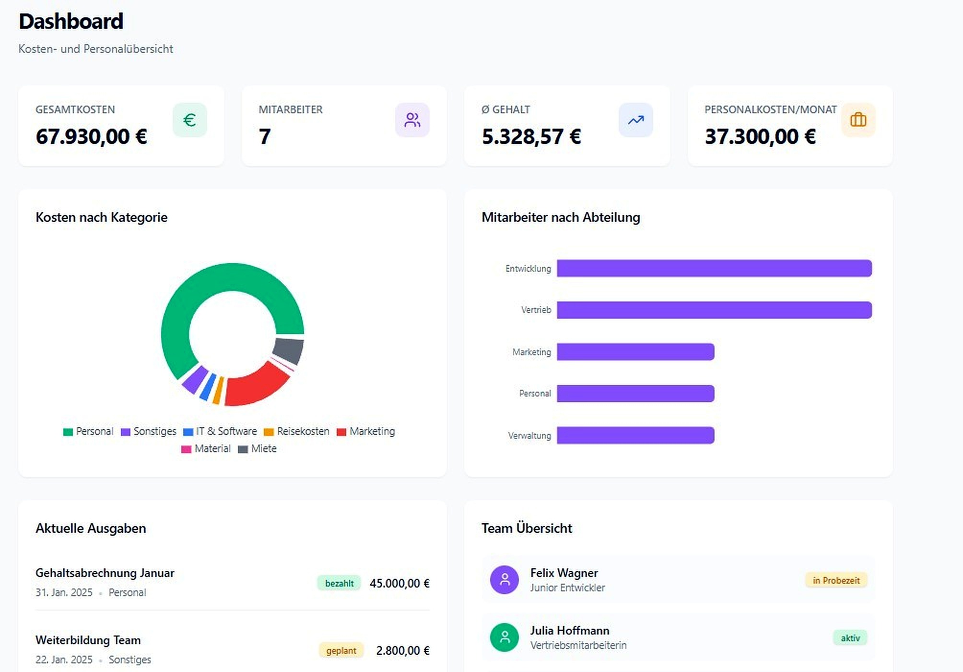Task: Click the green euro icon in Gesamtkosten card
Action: [x=189, y=120]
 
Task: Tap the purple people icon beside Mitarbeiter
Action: [x=412, y=120]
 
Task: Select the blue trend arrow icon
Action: [x=635, y=120]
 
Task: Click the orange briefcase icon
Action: [x=858, y=120]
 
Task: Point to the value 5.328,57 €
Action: [x=531, y=137]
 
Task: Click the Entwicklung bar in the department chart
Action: [x=714, y=268]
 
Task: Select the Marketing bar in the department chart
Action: [x=635, y=352]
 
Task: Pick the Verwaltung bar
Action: [x=635, y=435]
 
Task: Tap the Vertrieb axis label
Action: [x=536, y=310]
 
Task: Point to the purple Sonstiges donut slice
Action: [x=194, y=379]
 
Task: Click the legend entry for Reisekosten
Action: [x=297, y=432]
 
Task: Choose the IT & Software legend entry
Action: [x=220, y=432]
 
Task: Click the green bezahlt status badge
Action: [x=339, y=583]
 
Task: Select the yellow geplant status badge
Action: [x=341, y=650]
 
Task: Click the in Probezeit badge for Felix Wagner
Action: [x=836, y=580]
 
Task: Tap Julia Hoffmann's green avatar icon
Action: [x=504, y=637]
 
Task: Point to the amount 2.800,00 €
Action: [x=402, y=650]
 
